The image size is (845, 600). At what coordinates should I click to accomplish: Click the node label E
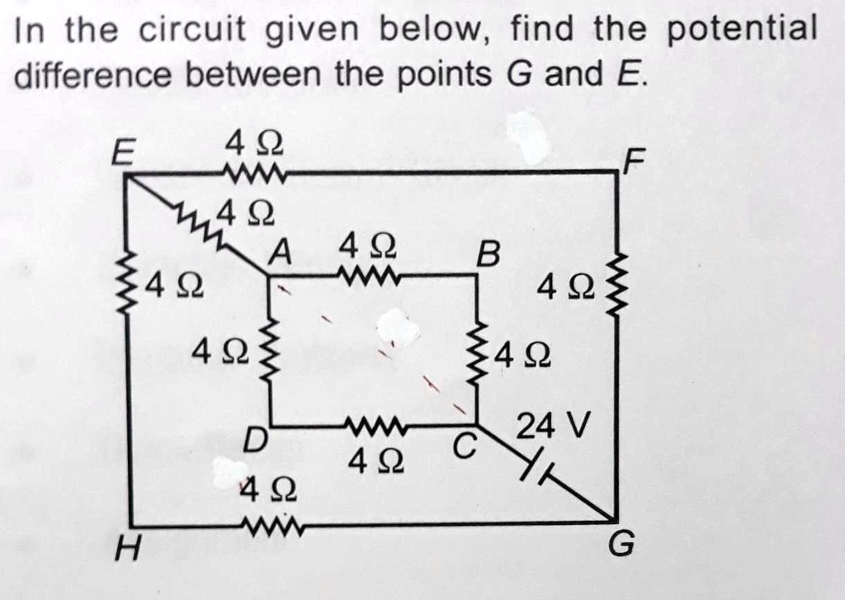point(123,154)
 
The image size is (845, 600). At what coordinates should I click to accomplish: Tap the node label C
point(465,446)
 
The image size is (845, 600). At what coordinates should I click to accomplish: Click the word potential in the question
point(741,29)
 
